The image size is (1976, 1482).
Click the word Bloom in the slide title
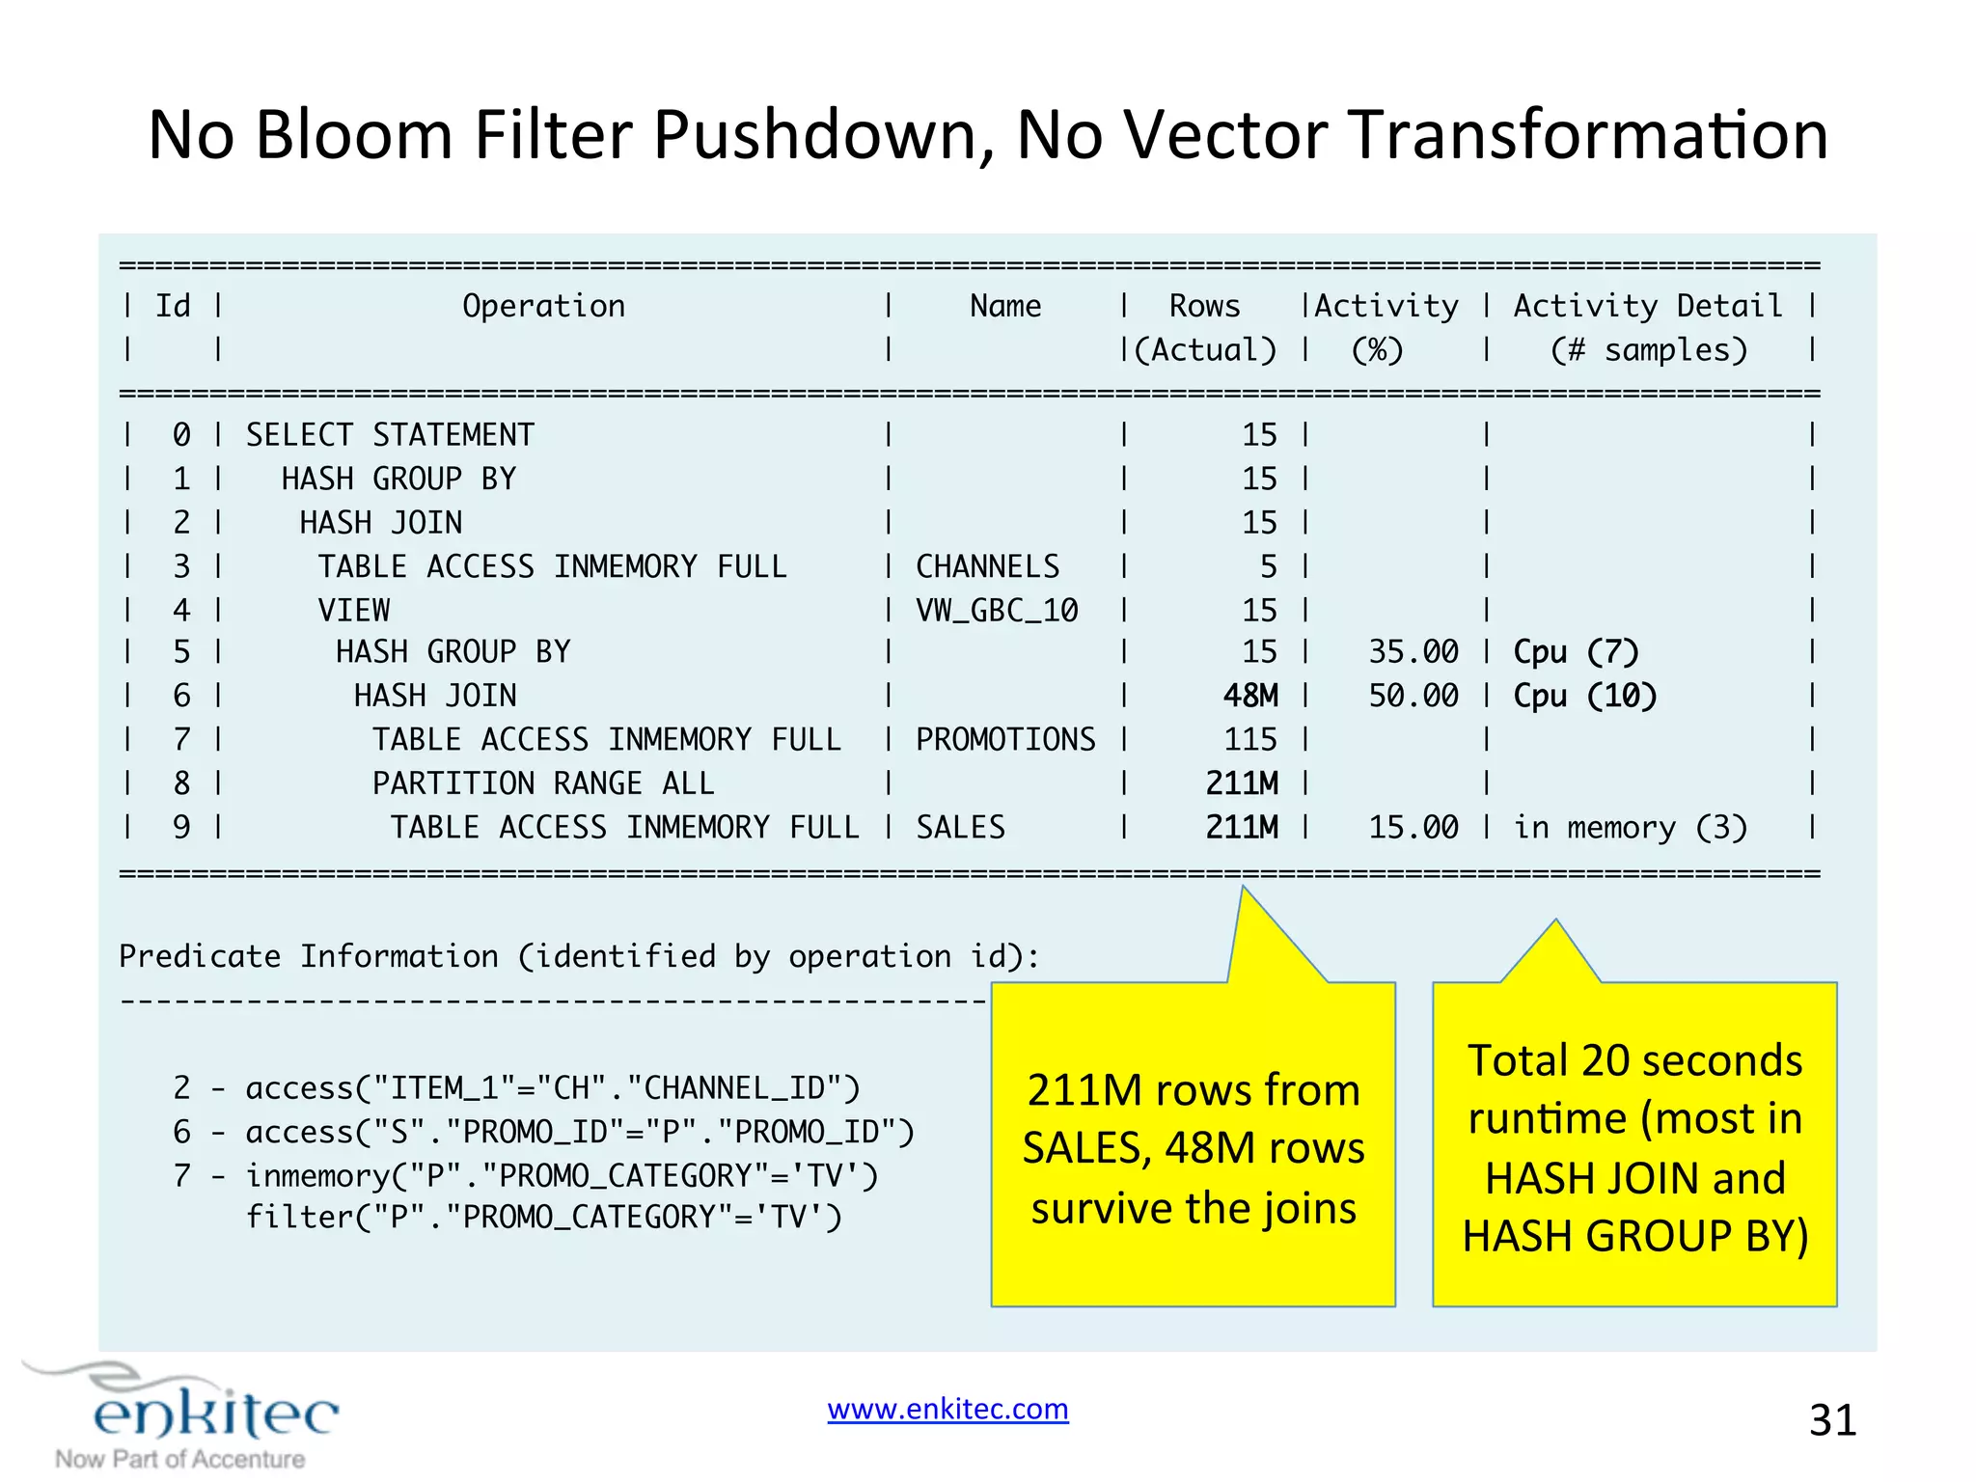(x=353, y=134)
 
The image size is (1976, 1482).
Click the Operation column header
(x=543, y=307)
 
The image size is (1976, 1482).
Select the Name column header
(x=1005, y=307)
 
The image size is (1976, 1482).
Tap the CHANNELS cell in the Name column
(x=987, y=566)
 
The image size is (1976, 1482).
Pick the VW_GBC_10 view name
(x=997, y=611)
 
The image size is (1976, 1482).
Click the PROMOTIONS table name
(x=1005, y=740)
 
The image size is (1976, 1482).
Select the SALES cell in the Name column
(x=960, y=828)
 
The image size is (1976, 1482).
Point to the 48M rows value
(x=1250, y=696)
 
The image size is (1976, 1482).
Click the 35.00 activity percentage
(x=1413, y=652)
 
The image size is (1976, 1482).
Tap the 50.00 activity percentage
(x=1413, y=696)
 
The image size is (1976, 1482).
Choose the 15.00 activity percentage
(x=1413, y=828)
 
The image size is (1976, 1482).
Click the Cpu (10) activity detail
(x=1584, y=696)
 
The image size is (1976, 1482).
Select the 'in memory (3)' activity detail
(x=1630, y=828)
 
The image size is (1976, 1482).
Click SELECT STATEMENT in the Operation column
(x=390, y=435)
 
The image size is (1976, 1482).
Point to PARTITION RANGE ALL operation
(x=543, y=783)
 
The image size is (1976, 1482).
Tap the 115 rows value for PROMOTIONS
(x=1250, y=740)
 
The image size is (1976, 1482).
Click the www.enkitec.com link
(x=947, y=1410)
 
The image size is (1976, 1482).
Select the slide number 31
(x=1832, y=1420)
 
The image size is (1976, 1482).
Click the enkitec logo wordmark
(x=216, y=1413)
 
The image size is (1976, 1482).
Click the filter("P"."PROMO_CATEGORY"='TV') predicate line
(x=543, y=1218)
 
